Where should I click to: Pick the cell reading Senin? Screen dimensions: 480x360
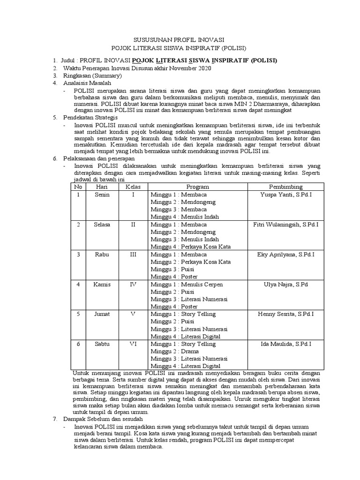102,195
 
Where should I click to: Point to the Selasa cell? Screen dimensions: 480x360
102,225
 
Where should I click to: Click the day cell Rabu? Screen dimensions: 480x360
102,255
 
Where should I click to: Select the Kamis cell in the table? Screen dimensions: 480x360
102,285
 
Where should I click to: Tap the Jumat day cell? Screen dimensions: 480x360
102,314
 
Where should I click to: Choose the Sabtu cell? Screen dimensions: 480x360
102,344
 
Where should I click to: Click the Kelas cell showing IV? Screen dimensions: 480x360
133,285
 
